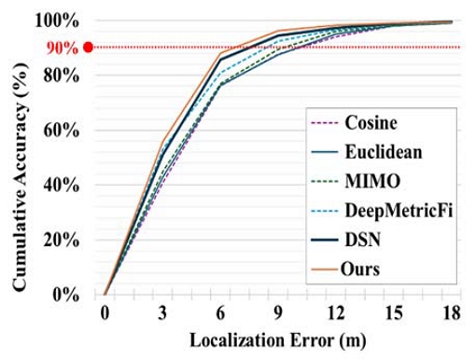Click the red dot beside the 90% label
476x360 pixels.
click(88, 47)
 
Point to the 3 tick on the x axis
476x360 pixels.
click(163, 313)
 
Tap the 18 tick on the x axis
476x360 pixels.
click(451, 313)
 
